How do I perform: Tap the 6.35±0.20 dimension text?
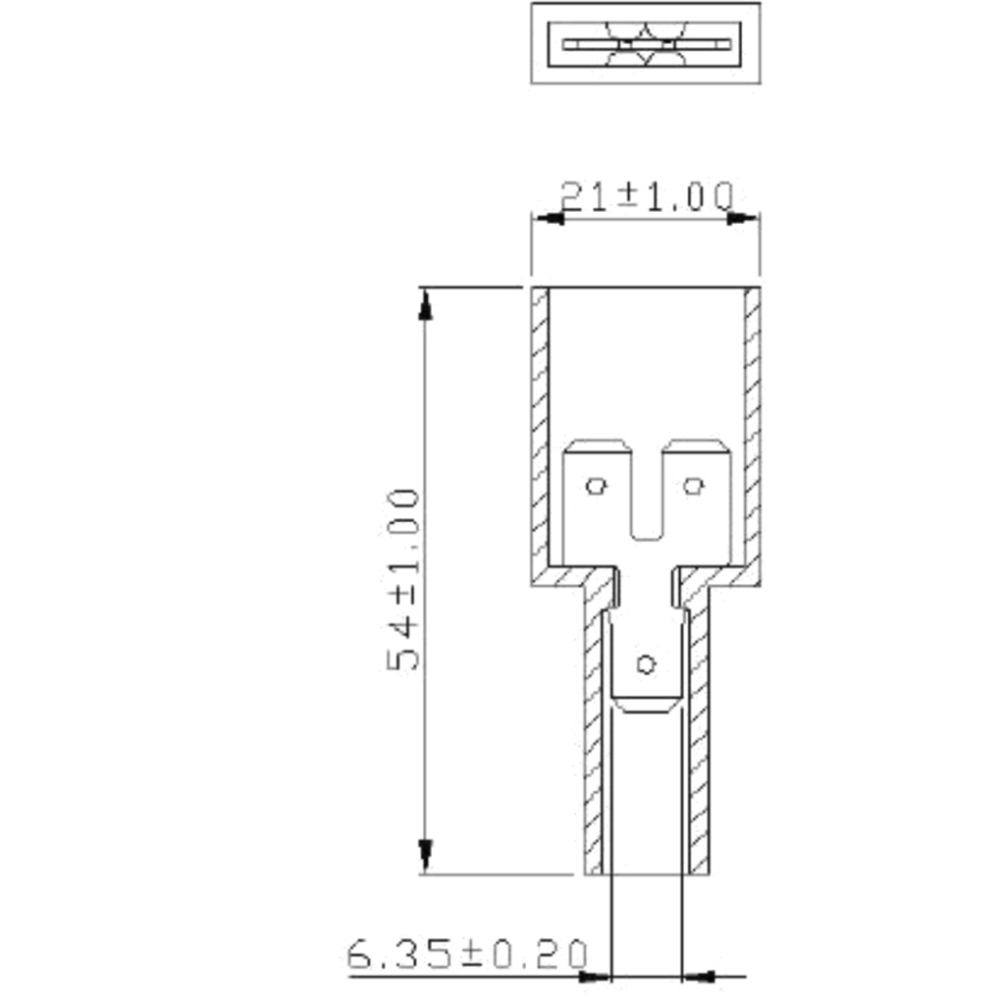point(468,954)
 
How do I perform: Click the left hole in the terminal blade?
point(596,485)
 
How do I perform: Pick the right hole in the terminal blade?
point(694,485)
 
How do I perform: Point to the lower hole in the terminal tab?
point(645,664)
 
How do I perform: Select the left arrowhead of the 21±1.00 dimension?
point(548,217)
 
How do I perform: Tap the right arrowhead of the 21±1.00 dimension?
point(744,217)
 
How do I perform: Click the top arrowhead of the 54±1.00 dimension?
point(425,304)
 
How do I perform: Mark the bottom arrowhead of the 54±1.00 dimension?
point(425,856)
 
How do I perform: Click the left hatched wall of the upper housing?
point(540,432)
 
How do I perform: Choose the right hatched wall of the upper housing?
point(753,432)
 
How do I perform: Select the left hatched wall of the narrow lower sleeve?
point(594,746)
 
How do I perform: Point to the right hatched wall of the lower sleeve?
point(699,746)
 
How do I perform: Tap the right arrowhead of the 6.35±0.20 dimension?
point(699,977)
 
